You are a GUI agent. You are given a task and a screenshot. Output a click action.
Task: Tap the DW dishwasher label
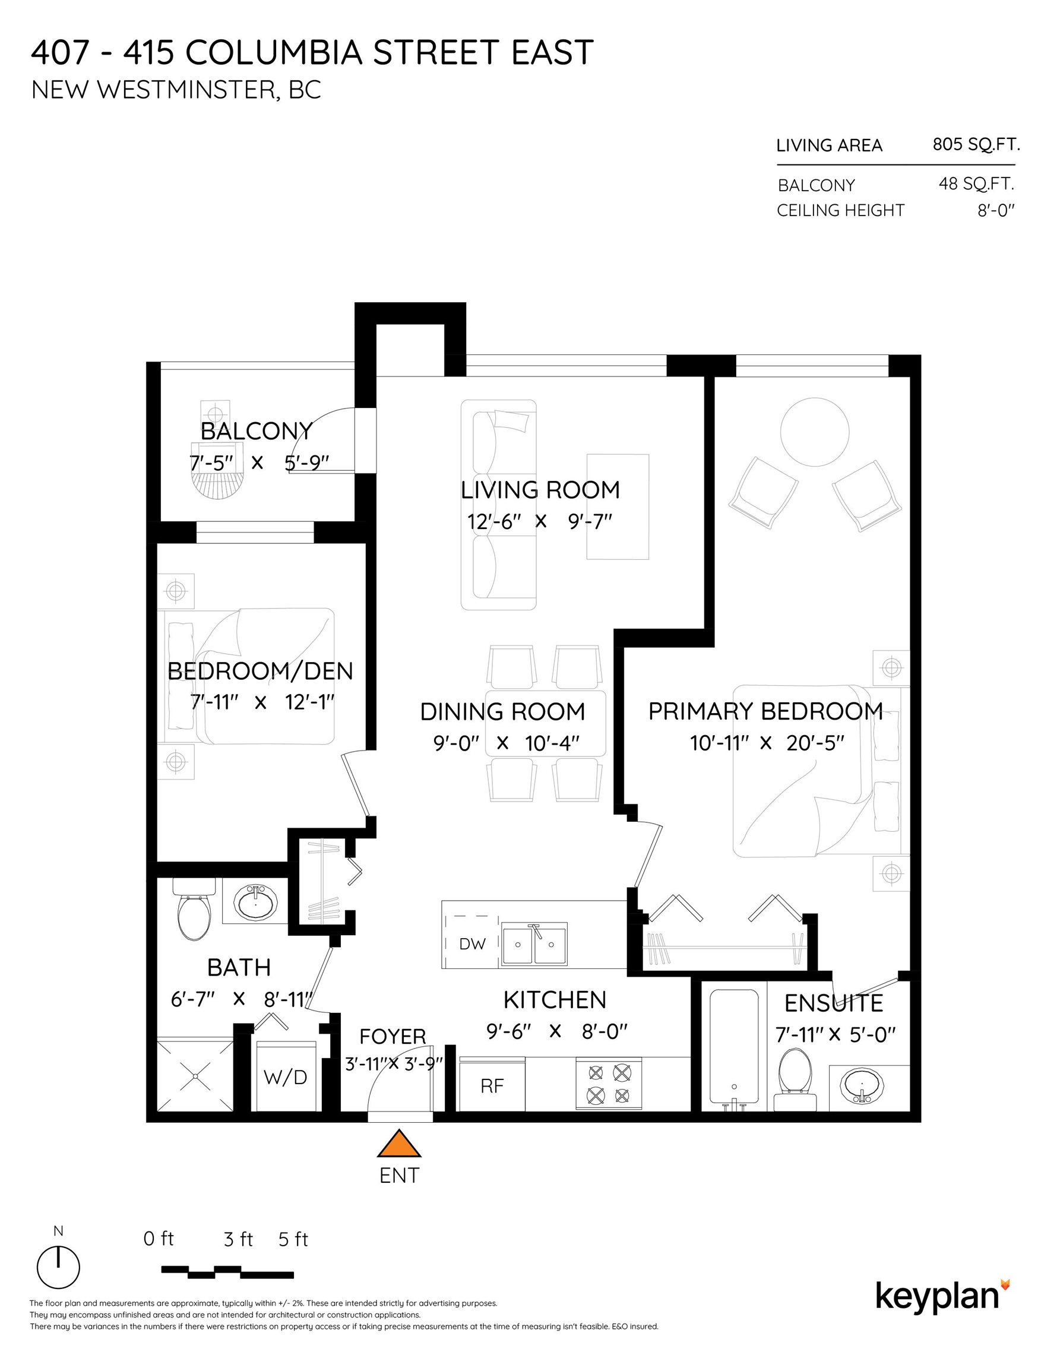pos(472,944)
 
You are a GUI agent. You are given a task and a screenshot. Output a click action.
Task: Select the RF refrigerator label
pos(492,1085)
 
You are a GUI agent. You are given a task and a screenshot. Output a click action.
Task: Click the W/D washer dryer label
pos(285,1078)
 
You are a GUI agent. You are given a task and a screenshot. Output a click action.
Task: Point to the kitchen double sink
pos(534,943)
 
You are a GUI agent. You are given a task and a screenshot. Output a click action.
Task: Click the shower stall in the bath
pos(195,1075)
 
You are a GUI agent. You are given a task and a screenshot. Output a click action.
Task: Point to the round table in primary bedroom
pos(815,432)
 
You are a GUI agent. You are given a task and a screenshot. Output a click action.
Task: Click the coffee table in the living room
pos(617,506)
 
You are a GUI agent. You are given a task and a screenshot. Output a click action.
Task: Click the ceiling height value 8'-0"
pos(996,210)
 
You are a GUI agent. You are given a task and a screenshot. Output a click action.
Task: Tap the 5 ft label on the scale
pos(293,1239)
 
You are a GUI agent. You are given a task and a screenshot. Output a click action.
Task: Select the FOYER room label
pos(393,1037)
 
